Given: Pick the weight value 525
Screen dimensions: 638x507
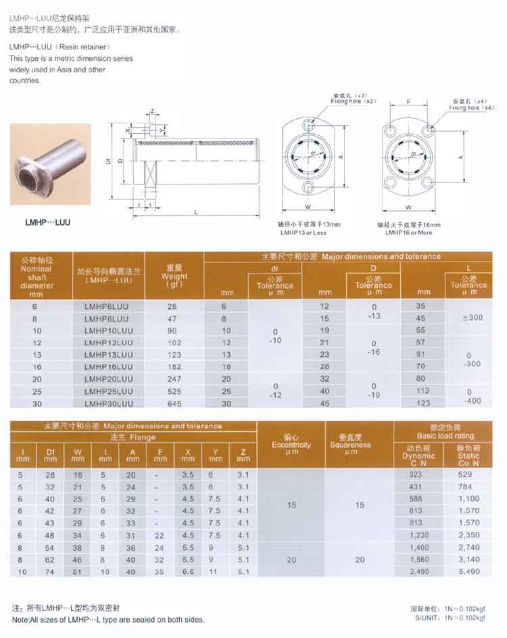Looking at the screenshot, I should pyautogui.click(x=172, y=391).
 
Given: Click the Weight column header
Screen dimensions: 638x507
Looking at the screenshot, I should pyautogui.click(x=175, y=276).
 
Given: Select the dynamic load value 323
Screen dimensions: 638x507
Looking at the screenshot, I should pyautogui.click(x=415, y=474).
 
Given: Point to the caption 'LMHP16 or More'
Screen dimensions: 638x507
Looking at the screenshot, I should pyautogui.click(x=408, y=232).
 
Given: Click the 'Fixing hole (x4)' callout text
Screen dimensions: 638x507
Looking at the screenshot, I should pyautogui.click(x=472, y=107).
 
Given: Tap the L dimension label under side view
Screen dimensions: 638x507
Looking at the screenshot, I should pyautogui.click(x=195, y=212).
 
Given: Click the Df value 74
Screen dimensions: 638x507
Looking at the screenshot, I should pyautogui.click(x=49, y=571).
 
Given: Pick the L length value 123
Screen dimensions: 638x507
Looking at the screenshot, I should pyautogui.click(x=423, y=403).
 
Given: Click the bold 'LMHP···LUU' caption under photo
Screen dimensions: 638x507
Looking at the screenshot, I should pyautogui.click(x=47, y=221).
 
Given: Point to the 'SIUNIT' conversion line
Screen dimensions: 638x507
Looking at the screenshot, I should pyautogui.click(x=451, y=618).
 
